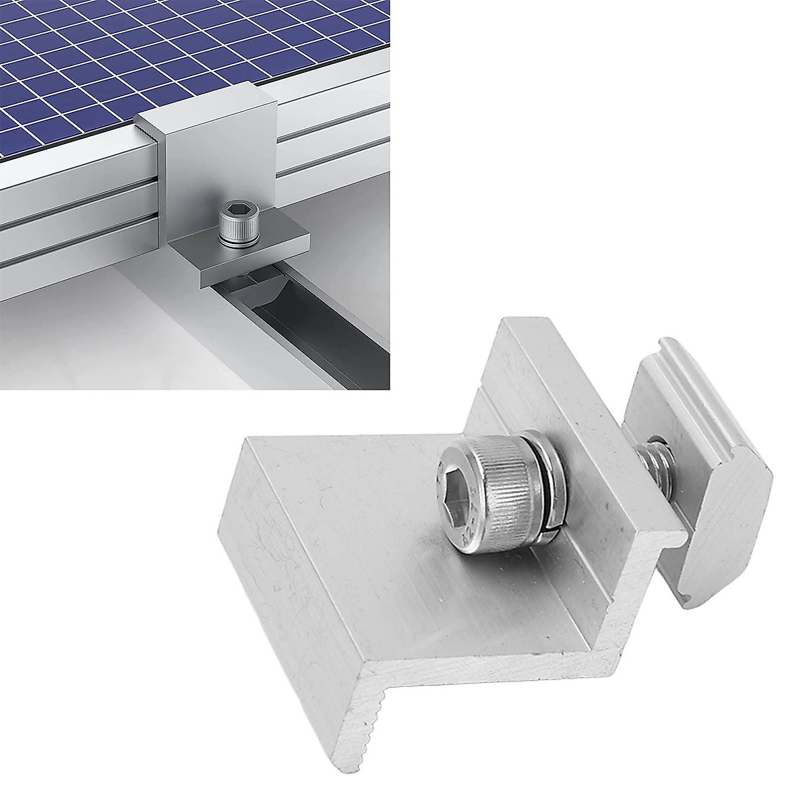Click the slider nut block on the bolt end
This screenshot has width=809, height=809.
point(701,485)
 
